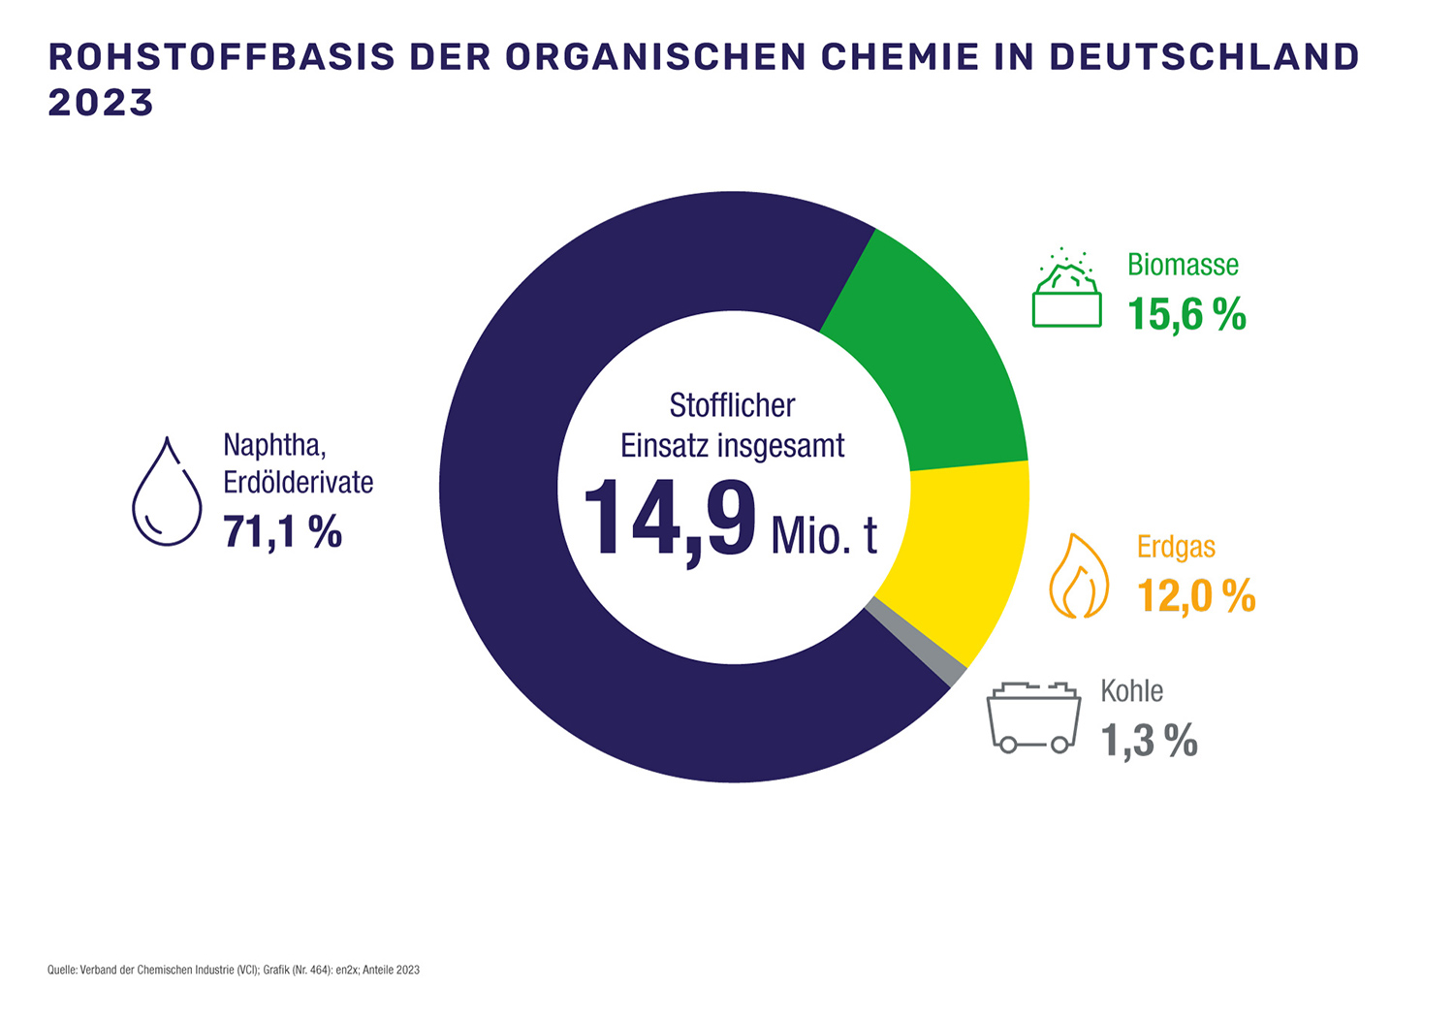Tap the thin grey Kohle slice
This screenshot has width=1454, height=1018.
coord(916,643)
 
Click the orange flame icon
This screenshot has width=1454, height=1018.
coord(1079,576)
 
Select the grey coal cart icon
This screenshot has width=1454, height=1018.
coord(1033,717)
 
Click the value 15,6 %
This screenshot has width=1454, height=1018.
coord(1186,315)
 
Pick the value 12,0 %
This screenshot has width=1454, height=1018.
coord(1196,596)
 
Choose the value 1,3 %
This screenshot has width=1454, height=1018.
coord(1149,742)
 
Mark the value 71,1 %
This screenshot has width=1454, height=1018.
coord(282,532)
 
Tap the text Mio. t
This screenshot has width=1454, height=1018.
coord(824,535)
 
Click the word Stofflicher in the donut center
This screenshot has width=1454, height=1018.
coord(732,405)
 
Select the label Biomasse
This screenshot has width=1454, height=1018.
coord(1183,265)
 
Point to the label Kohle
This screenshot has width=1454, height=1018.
coord(1131,691)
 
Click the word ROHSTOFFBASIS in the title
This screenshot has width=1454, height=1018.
coord(222,57)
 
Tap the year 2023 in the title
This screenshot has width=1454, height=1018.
coord(101,103)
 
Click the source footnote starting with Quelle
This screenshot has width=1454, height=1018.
coord(234,970)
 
